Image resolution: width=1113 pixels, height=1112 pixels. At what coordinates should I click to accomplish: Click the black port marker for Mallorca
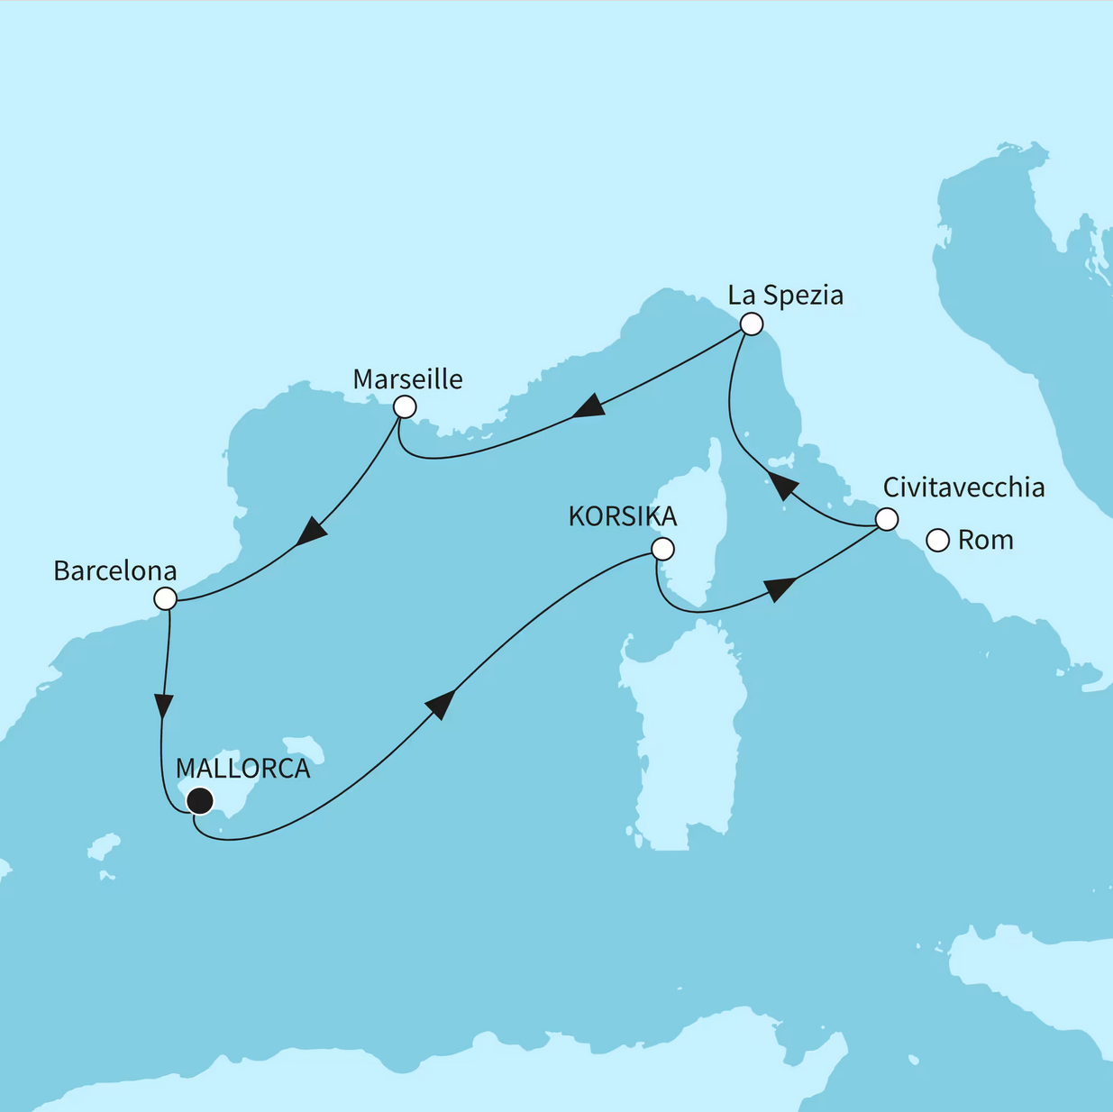199,800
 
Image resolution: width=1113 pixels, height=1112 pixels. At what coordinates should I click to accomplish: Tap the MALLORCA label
242,769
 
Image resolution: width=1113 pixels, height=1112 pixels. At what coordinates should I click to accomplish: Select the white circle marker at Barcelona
165,598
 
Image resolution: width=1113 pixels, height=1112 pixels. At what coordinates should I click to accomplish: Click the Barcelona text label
114,571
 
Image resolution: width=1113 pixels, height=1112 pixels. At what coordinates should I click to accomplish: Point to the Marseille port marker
405,407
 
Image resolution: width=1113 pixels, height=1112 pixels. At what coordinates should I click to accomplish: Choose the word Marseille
407,379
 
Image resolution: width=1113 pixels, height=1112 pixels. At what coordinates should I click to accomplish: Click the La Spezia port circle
751,324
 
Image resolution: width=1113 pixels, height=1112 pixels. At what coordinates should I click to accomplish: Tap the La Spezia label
785,296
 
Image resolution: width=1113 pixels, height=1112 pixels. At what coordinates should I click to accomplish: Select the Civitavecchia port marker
887,520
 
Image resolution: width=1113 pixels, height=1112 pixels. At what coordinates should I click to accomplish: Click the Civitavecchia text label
963,488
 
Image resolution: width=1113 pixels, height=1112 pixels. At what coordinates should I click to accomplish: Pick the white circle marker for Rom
938,541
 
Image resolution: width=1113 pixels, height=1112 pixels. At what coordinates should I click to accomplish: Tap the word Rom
985,541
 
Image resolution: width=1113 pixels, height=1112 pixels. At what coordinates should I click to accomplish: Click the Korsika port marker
662,549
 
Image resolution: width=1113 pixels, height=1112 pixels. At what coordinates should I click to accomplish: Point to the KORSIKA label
622,516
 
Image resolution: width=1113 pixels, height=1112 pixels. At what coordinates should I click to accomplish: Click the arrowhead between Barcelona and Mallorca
163,705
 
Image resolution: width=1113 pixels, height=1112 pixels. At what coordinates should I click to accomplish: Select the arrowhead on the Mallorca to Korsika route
439,704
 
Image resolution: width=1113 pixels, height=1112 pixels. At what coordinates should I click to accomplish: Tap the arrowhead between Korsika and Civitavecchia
780,589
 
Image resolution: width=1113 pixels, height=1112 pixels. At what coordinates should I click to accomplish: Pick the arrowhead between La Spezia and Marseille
589,406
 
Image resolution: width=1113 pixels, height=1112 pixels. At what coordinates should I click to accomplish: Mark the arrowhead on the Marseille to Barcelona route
311,531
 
